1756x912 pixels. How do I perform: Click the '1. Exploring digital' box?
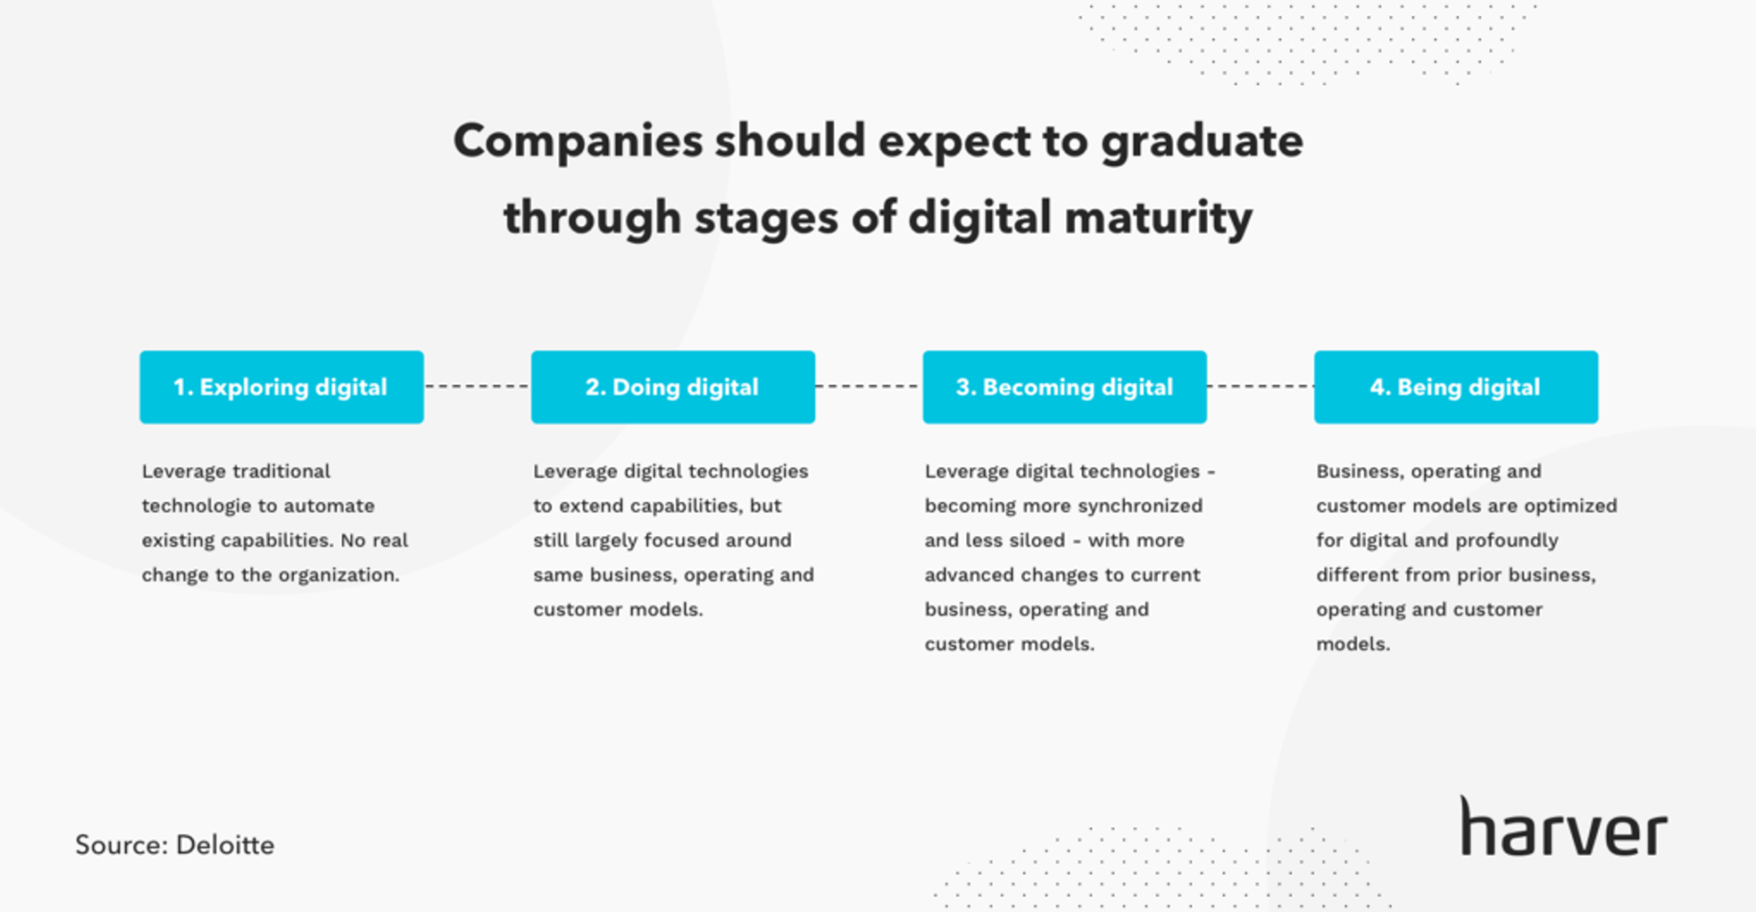point(282,387)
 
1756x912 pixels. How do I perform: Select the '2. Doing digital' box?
point(673,387)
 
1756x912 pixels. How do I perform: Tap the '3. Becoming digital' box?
point(1065,387)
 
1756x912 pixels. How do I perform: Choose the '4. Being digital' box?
point(1456,387)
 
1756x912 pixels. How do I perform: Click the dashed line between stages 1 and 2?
point(477,387)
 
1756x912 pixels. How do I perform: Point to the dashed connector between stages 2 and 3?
point(869,387)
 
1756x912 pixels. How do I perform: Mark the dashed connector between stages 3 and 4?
point(1260,387)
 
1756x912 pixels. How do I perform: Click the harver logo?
point(1564,827)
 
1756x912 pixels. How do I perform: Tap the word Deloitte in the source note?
point(225,844)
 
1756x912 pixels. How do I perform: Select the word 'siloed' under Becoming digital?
point(1037,541)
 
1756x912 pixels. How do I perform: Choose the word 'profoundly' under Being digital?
point(1506,541)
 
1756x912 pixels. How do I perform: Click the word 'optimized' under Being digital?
point(1570,506)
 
